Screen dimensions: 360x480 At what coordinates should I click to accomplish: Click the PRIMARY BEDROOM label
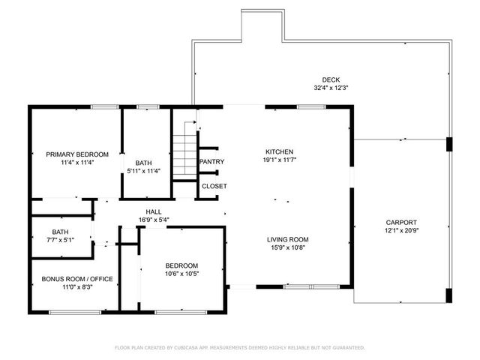click(72, 154)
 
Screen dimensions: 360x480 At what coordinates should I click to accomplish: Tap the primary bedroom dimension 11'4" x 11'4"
click(72, 163)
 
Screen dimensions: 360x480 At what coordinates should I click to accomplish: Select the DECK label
click(331, 79)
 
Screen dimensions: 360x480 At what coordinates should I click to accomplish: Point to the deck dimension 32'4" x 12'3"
click(331, 88)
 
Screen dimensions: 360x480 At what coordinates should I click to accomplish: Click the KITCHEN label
click(278, 151)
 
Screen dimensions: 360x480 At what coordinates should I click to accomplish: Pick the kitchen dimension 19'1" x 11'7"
click(278, 159)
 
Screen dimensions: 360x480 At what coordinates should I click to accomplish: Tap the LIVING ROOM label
click(288, 240)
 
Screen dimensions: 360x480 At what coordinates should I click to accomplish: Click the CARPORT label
click(401, 223)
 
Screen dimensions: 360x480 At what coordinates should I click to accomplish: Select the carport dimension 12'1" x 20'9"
click(401, 231)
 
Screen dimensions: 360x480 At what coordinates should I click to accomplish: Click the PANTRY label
click(211, 161)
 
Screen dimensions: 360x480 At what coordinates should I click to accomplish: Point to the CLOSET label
click(214, 186)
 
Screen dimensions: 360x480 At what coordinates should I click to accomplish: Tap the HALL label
click(154, 212)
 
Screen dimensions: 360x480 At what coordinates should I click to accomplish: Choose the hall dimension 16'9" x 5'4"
click(154, 220)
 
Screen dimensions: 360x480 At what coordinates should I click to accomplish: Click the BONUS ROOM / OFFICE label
click(77, 279)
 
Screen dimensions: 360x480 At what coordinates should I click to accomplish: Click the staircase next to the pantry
click(184, 154)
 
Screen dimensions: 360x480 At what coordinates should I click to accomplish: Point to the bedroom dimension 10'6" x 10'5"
click(182, 274)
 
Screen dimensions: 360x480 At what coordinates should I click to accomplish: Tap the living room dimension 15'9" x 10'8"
click(288, 248)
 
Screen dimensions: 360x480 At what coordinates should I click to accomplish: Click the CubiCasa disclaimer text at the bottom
click(240, 347)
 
